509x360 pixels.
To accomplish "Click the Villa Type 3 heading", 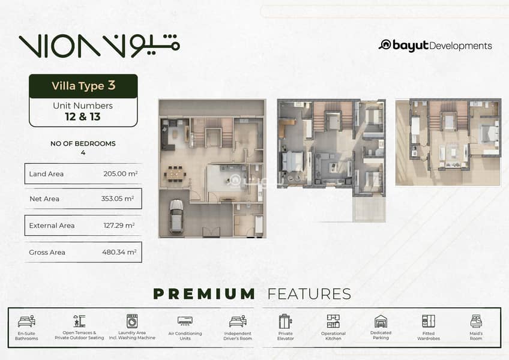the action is pos(83,86).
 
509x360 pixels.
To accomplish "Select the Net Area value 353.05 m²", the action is pos(118,199).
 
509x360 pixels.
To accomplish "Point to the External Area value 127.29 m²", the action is pos(119,225).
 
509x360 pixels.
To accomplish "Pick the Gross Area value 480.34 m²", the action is pos(119,252).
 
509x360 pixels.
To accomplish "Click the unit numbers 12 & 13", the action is pos(83,116).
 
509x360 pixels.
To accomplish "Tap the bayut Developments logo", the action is pos(435,46).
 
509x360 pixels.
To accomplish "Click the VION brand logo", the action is pos(99,46).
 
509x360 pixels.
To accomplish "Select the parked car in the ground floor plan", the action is pos(176,216).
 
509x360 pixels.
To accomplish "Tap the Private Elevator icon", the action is pos(285,322).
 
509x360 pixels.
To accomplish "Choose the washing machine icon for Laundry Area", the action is pos(132,321).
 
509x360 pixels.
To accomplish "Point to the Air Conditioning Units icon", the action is pos(185,321).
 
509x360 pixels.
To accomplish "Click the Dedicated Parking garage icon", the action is pos(381,321).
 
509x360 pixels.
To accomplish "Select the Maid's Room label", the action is pos(476,335).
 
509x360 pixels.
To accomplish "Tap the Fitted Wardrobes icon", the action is pos(429,321).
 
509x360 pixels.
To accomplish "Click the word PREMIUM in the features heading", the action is pos(204,294).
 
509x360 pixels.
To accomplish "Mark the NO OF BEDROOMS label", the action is pos(83,143).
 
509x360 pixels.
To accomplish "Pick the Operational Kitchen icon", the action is pos(333,321).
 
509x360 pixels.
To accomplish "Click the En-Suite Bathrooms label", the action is pos(26,335).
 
